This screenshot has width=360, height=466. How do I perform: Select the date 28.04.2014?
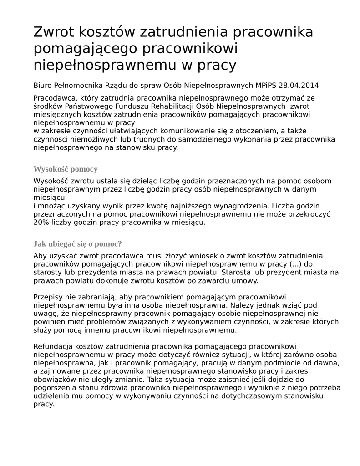pyautogui.click(x=299, y=85)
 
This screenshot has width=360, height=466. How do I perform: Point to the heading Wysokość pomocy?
pyautogui.click(x=66, y=169)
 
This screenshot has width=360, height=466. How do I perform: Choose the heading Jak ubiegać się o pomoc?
pyautogui.click(x=78, y=244)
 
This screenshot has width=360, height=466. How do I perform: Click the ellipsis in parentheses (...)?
pyautogui.click(x=295, y=264)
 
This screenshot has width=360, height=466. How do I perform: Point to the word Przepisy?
pyautogui.click(x=48, y=297)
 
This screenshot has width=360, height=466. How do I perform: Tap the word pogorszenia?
pyautogui.click(x=54, y=388)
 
